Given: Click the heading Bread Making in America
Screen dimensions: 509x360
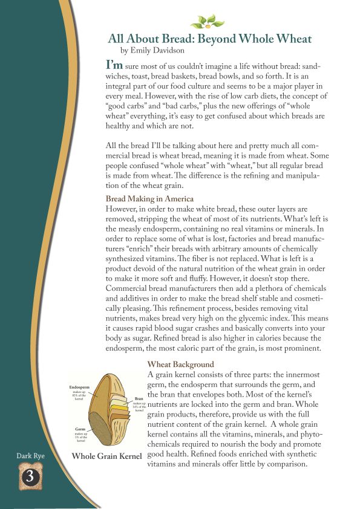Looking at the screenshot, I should (149, 198).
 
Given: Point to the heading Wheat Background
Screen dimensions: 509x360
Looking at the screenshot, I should (181, 365).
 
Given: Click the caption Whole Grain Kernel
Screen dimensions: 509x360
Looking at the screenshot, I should (107, 456).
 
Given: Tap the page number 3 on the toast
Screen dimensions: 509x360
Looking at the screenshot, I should (27, 476).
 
